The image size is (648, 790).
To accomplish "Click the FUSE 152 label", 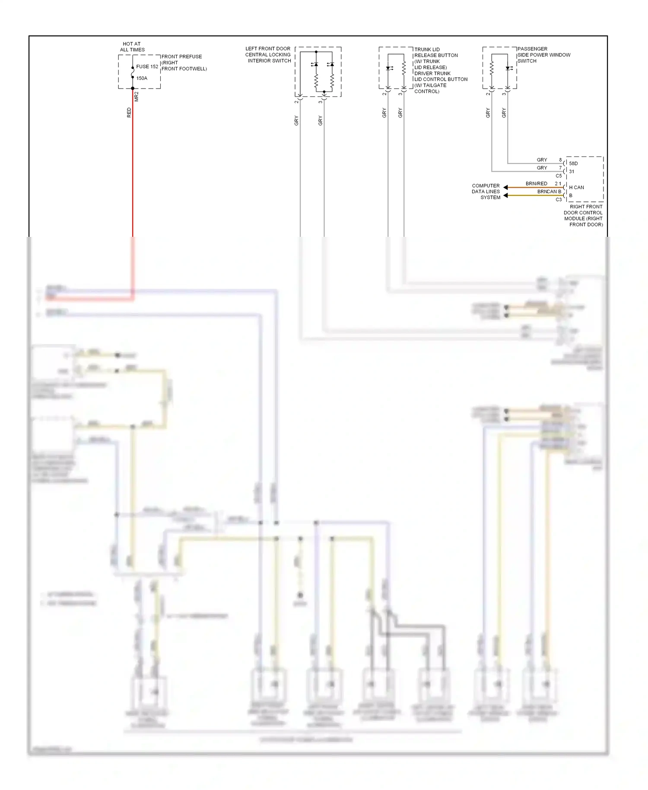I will pos(147,67).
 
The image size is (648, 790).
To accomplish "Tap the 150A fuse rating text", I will pos(142,78).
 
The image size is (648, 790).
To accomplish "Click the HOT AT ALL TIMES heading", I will pos(132,47).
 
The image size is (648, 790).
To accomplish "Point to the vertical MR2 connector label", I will pos(137,97).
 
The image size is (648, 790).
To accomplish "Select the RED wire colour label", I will pos(129,113).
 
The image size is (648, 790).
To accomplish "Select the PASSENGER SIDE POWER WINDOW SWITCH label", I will pos(543,55).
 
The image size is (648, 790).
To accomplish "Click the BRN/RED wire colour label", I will pos(536,184).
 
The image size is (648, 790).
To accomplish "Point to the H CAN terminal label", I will pos(576,188).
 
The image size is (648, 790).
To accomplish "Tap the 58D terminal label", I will pos(573,163).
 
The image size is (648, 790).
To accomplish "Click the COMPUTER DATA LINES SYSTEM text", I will pos(486,191).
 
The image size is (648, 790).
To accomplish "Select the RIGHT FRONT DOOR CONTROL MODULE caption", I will pos(583,216).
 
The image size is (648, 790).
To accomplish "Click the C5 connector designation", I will pos(559,176).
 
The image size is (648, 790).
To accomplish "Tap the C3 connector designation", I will pos(559,200).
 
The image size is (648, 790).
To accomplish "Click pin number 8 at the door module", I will pos(560,160).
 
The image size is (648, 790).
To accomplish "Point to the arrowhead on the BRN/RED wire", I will pos(505,188).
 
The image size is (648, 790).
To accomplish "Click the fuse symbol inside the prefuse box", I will pos(133,73).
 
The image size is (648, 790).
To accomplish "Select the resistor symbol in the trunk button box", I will pos(404,68).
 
